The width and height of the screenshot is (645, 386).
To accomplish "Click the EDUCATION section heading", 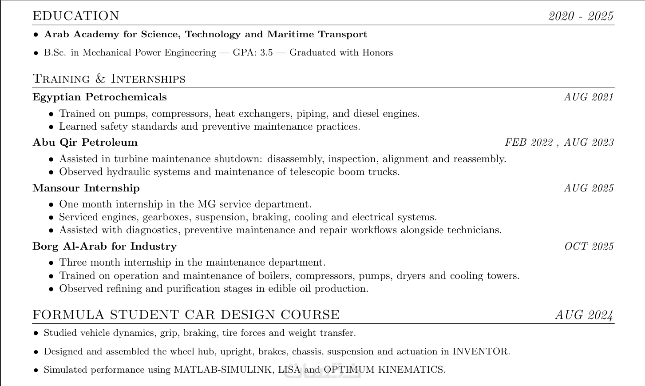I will (x=76, y=16).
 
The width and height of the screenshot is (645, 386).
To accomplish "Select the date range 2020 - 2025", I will (x=581, y=16).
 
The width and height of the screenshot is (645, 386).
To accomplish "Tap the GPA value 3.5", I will (x=266, y=52).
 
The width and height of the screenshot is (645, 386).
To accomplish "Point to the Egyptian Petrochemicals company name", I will (x=99, y=97).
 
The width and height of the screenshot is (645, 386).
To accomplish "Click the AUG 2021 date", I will (x=589, y=97).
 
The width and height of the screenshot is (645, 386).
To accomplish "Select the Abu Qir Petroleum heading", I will (x=85, y=142).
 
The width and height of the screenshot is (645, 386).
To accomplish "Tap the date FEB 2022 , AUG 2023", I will (x=559, y=142).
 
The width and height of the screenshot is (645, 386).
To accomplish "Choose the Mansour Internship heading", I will (x=86, y=188).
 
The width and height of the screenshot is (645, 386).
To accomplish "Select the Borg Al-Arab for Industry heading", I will (x=104, y=246).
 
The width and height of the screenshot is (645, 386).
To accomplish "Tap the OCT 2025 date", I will (x=589, y=246).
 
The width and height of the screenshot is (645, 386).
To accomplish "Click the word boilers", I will (x=275, y=276).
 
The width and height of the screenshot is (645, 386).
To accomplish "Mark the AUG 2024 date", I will (x=584, y=315).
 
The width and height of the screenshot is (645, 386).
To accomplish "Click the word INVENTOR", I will (x=480, y=351).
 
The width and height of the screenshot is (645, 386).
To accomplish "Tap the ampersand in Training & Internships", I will (x=100, y=79).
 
